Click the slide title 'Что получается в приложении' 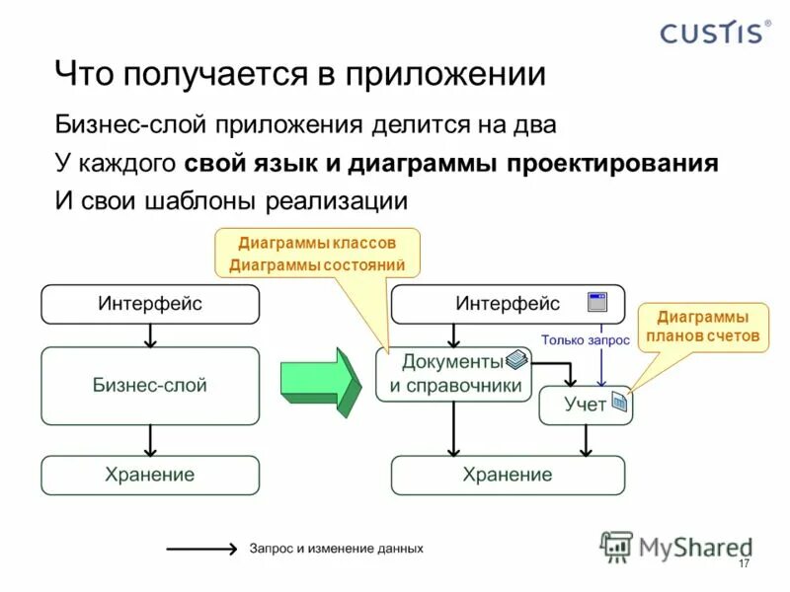(299, 75)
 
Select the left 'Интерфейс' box (149, 304)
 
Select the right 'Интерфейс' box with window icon (508, 304)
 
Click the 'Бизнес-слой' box (149, 386)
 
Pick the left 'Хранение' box (149, 475)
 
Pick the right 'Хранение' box (508, 475)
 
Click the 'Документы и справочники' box (453, 374)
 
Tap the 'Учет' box (585, 405)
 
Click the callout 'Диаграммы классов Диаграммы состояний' (317, 254)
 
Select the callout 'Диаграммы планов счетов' (702, 327)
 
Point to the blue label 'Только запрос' (586, 340)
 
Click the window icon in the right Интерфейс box (596, 303)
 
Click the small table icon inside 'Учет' (618, 403)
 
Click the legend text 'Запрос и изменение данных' (336, 548)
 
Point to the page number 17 (744, 563)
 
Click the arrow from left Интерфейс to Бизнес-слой (149, 335)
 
